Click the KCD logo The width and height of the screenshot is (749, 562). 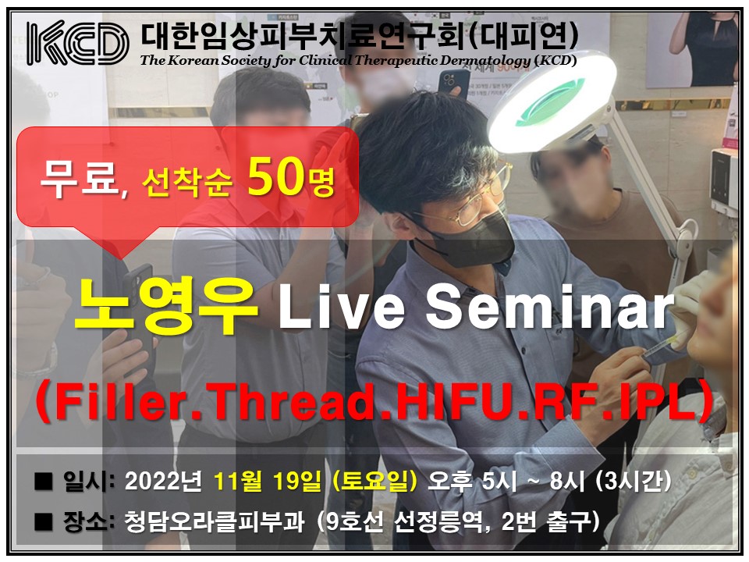click(77, 43)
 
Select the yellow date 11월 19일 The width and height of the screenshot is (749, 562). click(268, 482)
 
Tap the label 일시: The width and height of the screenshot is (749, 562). click(88, 482)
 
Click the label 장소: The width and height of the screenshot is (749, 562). click(88, 521)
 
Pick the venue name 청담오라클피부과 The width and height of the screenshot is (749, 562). click(214, 521)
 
